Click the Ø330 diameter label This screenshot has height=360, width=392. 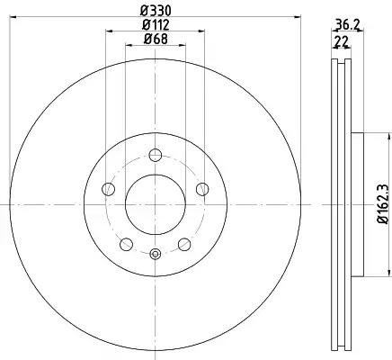(156, 11)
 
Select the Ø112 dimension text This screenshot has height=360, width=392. (156, 25)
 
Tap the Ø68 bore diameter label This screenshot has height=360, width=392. (156, 39)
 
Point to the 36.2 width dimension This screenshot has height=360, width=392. (347, 25)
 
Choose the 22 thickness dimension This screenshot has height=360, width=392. (342, 41)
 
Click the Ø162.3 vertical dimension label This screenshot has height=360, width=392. (383, 204)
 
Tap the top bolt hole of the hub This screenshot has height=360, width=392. (156, 155)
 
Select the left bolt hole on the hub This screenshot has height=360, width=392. (109, 189)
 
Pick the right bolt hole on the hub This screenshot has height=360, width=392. (202, 189)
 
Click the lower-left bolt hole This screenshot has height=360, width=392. (126, 244)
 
